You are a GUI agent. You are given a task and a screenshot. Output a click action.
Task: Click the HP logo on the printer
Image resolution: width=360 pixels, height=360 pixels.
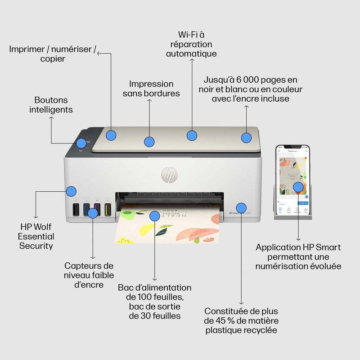click(169, 174)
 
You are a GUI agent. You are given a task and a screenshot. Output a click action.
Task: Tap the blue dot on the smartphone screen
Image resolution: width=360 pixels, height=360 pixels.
click(298, 186)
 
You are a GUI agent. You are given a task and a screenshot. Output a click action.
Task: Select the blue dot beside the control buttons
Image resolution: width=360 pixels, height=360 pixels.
click(81, 143)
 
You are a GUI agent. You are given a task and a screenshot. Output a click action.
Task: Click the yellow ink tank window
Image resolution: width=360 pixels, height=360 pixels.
click(108, 209)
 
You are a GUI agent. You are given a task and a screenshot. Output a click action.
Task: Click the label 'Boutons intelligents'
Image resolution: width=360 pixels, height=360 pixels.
click(51, 104)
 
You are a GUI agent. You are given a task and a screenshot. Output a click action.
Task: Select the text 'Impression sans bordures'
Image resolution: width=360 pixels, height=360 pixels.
click(151, 89)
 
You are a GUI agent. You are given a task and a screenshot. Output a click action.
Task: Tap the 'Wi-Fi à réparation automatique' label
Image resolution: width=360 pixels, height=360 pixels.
click(191, 44)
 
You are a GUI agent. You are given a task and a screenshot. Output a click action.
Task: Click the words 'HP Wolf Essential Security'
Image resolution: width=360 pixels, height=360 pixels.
click(36, 236)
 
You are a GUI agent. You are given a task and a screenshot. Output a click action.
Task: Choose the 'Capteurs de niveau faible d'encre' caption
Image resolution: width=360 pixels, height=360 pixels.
click(89, 275)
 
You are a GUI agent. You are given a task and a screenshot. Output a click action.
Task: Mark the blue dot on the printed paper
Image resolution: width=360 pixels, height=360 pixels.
click(154, 216)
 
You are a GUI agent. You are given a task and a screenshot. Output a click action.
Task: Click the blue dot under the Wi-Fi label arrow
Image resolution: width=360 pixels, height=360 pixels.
click(192, 135)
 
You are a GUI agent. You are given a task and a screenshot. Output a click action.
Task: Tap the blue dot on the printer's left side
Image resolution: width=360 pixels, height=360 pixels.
click(71, 191)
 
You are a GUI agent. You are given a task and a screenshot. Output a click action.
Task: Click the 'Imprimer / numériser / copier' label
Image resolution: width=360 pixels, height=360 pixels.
click(52, 54)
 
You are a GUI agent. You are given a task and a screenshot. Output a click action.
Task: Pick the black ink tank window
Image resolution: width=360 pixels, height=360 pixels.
click(76, 209)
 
